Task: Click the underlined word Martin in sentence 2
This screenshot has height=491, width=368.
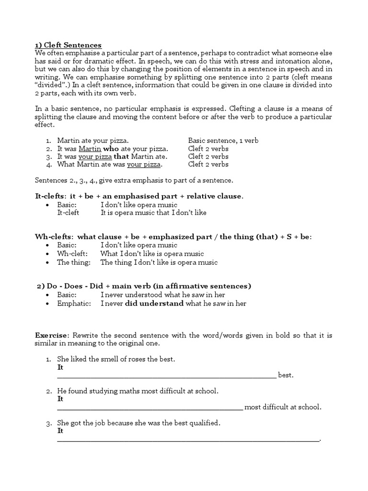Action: [x=89, y=149]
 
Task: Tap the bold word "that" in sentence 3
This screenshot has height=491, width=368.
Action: [x=122, y=157]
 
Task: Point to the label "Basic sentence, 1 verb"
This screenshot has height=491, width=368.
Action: [x=223, y=141]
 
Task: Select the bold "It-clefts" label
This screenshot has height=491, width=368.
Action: [x=50, y=196]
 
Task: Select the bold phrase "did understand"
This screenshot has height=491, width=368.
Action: [x=154, y=303]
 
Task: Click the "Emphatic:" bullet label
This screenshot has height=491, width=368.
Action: [x=74, y=303]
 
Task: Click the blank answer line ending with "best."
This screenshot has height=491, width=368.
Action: [x=167, y=375]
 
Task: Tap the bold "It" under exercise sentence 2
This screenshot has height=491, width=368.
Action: [x=60, y=399]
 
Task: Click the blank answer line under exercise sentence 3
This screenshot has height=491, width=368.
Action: [x=188, y=439]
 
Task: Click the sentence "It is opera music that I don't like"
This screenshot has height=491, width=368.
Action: [x=153, y=212]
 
